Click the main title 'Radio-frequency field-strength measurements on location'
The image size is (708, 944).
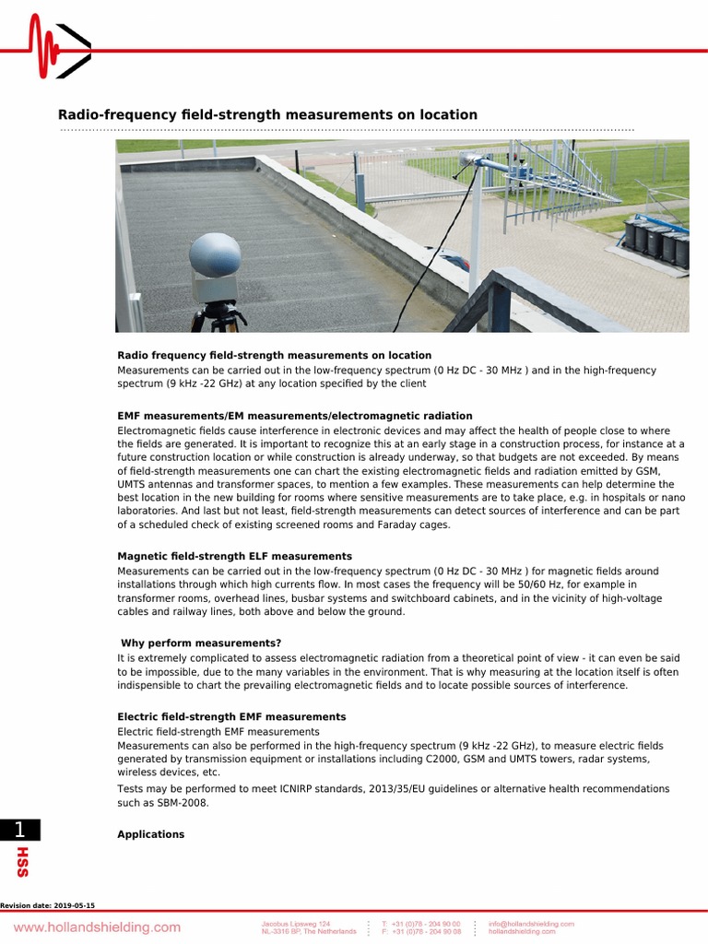pos(267,115)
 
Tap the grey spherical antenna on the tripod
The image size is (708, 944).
pos(214,255)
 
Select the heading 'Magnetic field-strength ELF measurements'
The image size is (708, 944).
pos(234,557)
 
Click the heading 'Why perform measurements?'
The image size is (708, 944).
pos(201,643)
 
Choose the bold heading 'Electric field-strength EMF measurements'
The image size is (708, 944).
pos(231,716)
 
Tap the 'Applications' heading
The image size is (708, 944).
pos(150,834)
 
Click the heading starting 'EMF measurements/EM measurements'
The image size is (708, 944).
pos(294,416)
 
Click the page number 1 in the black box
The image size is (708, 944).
pos(18,830)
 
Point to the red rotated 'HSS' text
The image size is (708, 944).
pos(22,862)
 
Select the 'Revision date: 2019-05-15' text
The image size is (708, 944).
pos(48,906)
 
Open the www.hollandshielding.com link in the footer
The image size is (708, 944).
pos(97,926)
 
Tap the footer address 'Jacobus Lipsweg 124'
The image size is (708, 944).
pos(295,923)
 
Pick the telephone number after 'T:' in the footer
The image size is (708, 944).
pos(427,923)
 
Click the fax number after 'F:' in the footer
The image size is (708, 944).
pos(427,931)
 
